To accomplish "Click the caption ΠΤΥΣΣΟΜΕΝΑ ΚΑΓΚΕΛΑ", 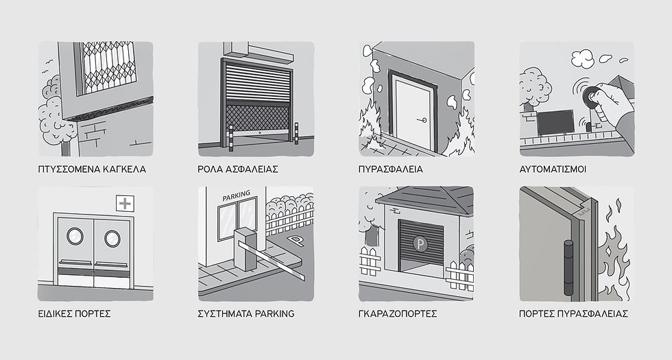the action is [92, 169].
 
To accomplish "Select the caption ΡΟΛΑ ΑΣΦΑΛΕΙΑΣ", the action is [238, 169].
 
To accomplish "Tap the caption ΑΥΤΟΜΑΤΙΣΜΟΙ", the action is [553, 169].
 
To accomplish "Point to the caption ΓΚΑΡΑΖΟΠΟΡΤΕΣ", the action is [398, 314].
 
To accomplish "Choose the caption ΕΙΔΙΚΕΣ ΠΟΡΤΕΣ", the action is [75, 314].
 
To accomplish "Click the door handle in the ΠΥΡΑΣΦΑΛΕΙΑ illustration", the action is [422, 120].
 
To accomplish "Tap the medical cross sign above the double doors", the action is [125, 203].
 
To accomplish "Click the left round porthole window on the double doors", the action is [75, 236].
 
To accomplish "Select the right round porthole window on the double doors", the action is [112, 239].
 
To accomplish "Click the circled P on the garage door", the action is [420, 244].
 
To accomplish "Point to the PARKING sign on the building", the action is [236, 196].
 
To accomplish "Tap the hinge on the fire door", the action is [568, 268].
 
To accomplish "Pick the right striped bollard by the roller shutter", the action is [296, 133].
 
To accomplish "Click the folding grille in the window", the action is [109, 67].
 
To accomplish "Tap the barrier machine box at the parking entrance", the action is [245, 249].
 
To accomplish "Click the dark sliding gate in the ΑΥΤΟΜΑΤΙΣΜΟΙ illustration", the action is [555, 123].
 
